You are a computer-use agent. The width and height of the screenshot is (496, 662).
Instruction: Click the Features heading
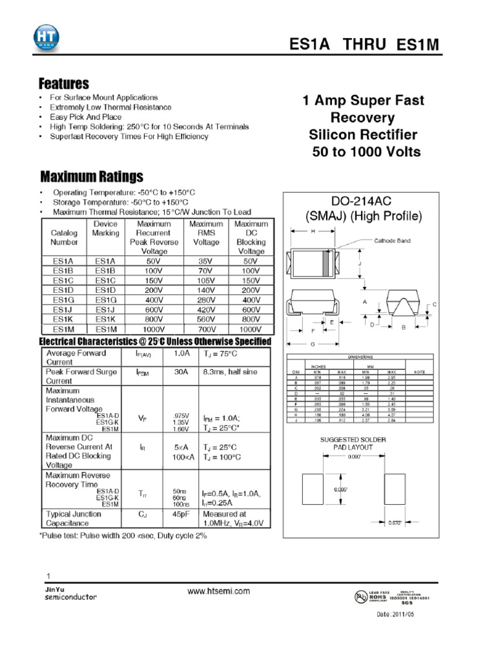(x=63, y=84)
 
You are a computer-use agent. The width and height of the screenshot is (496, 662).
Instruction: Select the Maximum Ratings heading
(x=92, y=176)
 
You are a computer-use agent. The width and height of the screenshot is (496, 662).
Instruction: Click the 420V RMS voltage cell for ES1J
(x=205, y=309)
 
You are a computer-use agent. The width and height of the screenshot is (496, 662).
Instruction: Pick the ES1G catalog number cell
(x=63, y=300)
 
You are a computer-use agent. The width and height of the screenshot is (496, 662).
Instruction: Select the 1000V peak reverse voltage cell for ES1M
(x=154, y=328)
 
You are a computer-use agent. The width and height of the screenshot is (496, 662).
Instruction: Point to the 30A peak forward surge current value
(x=181, y=372)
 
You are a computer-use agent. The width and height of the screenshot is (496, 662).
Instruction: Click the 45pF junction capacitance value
(x=181, y=515)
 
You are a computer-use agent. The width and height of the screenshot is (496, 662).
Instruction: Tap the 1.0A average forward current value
(x=181, y=354)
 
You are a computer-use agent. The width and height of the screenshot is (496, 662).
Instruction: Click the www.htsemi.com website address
(x=219, y=591)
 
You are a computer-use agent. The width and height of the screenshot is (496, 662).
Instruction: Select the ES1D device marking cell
(x=105, y=290)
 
